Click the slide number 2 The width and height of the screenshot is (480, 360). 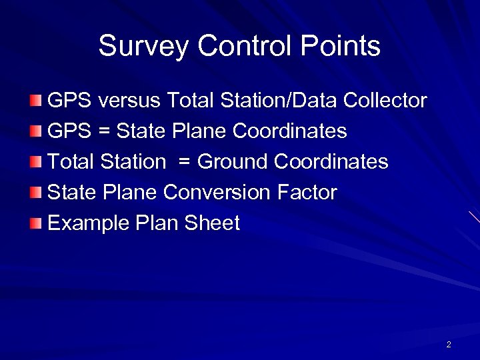(449, 345)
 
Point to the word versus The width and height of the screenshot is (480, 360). (129, 101)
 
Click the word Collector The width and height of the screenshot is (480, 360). (385, 101)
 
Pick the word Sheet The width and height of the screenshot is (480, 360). (211, 223)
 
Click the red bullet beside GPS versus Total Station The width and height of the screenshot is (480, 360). (36, 101)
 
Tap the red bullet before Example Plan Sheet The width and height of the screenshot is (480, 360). (36, 223)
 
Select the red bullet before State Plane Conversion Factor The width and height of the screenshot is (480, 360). (36, 193)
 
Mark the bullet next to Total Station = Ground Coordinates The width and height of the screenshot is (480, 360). (36, 162)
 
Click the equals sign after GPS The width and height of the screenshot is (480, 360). (104, 132)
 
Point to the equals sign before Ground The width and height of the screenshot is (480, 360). (185, 163)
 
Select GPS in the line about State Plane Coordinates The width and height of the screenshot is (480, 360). (69, 131)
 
